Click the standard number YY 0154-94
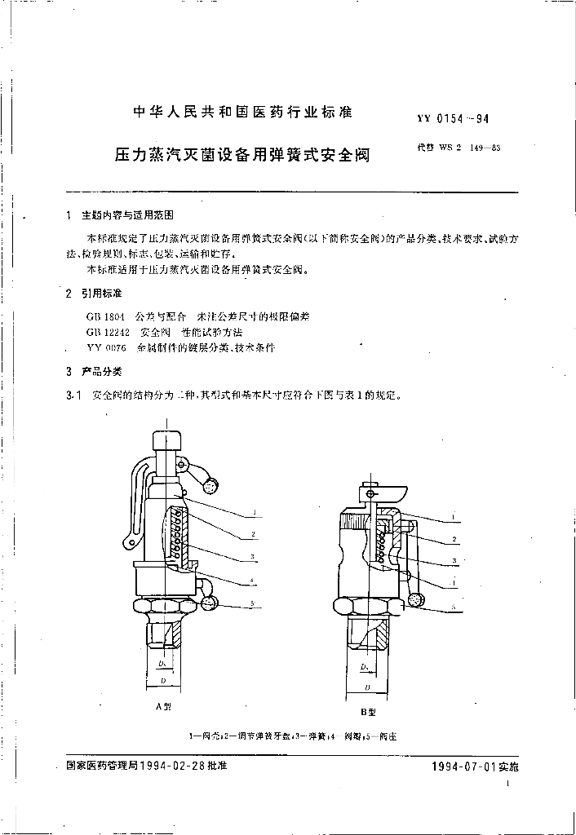coord(453,118)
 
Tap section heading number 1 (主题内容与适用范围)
coord(66,218)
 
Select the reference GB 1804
coord(101,315)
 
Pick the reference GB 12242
coord(104,331)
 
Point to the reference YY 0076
coord(102,347)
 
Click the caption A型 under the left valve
coord(163,708)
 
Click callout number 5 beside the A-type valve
coord(254,603)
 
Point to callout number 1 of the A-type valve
coord(254,513)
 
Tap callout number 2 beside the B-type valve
coord(453,540)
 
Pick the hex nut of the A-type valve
coord(163,607)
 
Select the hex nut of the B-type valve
coord(367,606)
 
